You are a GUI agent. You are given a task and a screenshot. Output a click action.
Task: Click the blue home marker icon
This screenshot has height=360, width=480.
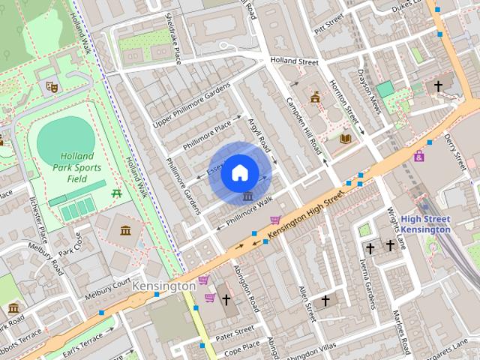tap(239, 172)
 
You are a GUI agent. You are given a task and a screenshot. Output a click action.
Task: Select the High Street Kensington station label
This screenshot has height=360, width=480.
tap(424, 223)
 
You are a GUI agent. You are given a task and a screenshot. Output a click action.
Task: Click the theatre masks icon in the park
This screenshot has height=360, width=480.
tap(52, 87)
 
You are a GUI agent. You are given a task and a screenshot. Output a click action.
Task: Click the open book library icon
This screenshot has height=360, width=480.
tap(345, 139)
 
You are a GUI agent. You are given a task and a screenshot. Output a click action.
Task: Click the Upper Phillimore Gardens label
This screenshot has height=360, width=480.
tap(193, 105)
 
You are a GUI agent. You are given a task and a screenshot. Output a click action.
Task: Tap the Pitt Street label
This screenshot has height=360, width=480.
tap(328, 26)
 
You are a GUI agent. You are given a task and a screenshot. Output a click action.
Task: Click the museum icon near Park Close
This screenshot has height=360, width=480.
tap(125, 229)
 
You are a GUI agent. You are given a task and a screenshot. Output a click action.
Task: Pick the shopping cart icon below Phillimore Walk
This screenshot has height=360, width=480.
tap(275, 220)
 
